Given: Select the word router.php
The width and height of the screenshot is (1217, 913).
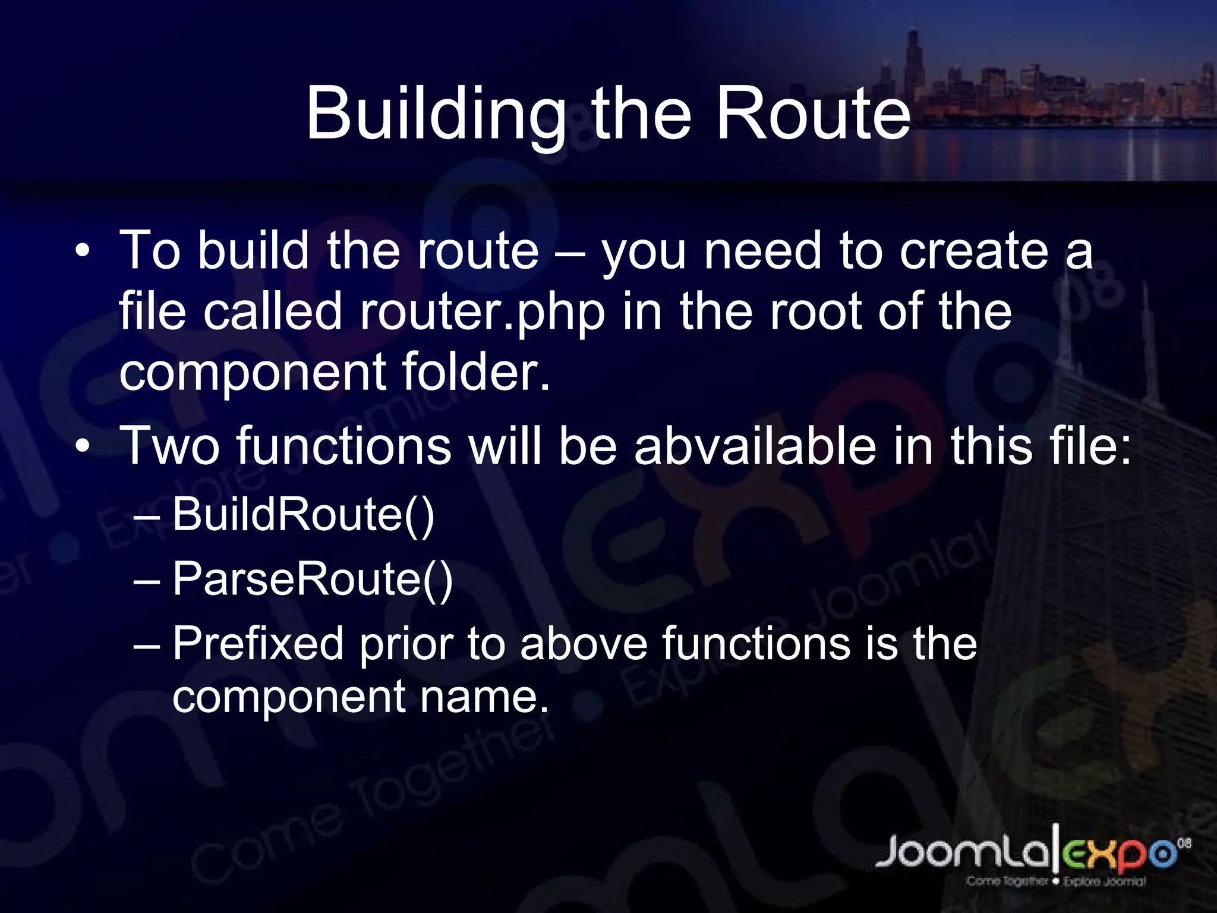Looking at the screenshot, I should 482,311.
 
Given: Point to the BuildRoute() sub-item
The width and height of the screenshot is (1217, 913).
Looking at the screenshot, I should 303,514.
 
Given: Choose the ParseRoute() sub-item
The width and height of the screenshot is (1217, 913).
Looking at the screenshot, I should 313,579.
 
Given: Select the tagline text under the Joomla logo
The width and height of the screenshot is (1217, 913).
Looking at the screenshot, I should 1055,881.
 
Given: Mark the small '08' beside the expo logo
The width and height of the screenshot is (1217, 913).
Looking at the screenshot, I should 1184,843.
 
